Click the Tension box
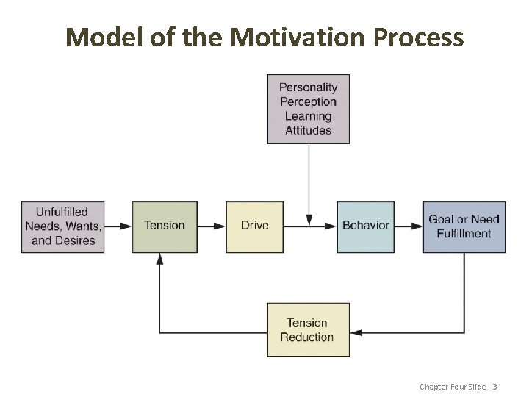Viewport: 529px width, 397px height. point(165,226)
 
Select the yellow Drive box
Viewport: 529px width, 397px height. point(254,226)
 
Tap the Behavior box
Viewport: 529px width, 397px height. point(365,226)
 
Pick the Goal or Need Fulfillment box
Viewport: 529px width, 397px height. point(464,226)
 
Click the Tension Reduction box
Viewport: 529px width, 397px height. point(307,329)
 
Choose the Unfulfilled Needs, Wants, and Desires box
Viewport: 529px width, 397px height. point(62,226)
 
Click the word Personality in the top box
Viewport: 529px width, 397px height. point(308,87)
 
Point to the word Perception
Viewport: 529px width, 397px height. point(308,101)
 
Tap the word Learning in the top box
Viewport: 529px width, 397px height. point(308,116)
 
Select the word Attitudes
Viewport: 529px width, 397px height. point(308,130)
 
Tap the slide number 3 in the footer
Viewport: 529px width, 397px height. point(494,387)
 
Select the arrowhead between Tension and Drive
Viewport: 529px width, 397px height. point(220,226)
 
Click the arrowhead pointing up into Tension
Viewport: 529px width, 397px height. point(159,259)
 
